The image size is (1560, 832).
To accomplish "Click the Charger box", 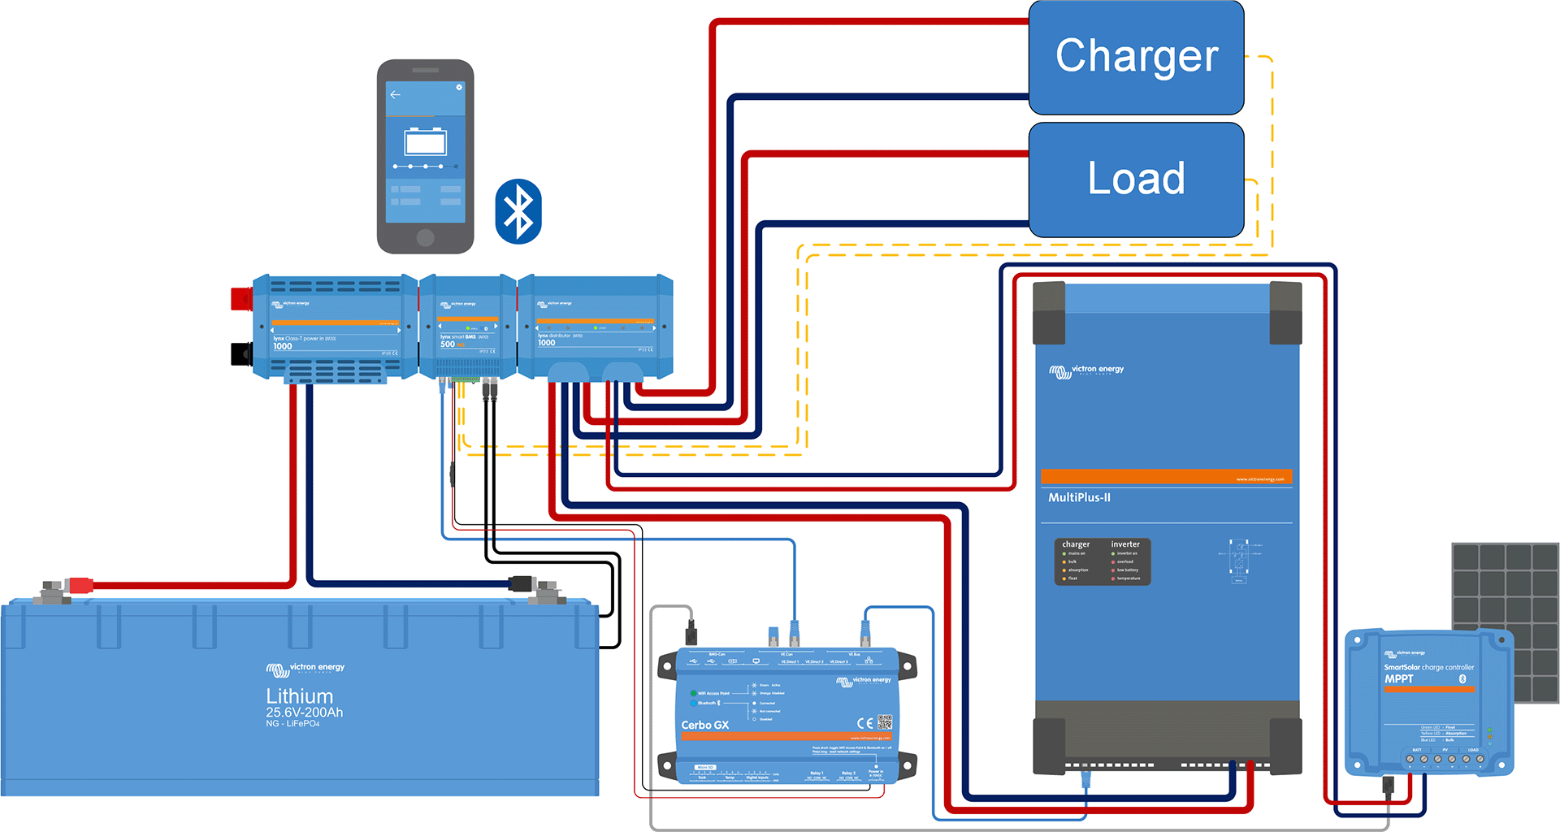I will [1136, 57].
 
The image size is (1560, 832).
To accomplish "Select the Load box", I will [1136, 179].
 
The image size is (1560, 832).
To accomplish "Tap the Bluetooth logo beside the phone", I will [518, 211].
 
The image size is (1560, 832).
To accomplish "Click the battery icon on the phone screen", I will [426, 142].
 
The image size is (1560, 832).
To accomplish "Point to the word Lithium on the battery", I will [300, 696].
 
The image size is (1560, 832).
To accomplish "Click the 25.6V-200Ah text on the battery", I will [305, 713].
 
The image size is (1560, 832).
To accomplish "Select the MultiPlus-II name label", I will [1079, 497].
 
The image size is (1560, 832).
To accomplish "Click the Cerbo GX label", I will [704, 725].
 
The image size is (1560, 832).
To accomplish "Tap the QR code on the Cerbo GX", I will [885, 722].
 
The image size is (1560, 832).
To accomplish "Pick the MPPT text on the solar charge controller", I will [1399, 678].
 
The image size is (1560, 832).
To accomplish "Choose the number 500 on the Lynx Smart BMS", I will [448, 344].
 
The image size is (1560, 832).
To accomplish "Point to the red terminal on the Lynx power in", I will [241, 299].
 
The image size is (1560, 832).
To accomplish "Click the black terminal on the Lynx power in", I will [241, 354].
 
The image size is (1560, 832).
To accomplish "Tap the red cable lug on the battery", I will [80, 584].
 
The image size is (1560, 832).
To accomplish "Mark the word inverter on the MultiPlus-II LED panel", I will [1125, 544].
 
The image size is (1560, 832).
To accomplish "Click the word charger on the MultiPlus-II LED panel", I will [1076, 544].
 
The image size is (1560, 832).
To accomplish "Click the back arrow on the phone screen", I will [396, 95].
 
